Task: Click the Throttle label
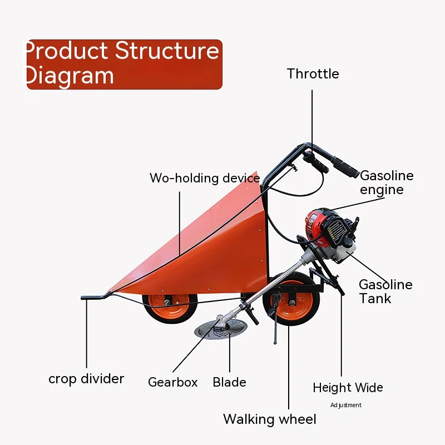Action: [x=313, y=74]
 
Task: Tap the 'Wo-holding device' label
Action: [x=205, y=179]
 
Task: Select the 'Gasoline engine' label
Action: [x=387, y=182]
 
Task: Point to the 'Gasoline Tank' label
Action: [x=385, y=291]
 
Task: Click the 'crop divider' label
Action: [x=86, y=379]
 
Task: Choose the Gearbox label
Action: [x=173, y=383]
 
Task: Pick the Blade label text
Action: [x=229, y=383]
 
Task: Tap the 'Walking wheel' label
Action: [x=270, y=419]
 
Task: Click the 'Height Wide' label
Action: [x=348, y=388]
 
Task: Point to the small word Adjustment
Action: [x=346, y=406]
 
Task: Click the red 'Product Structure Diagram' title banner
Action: [x=124, y=64]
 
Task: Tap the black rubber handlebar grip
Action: [x=345, y=167]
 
